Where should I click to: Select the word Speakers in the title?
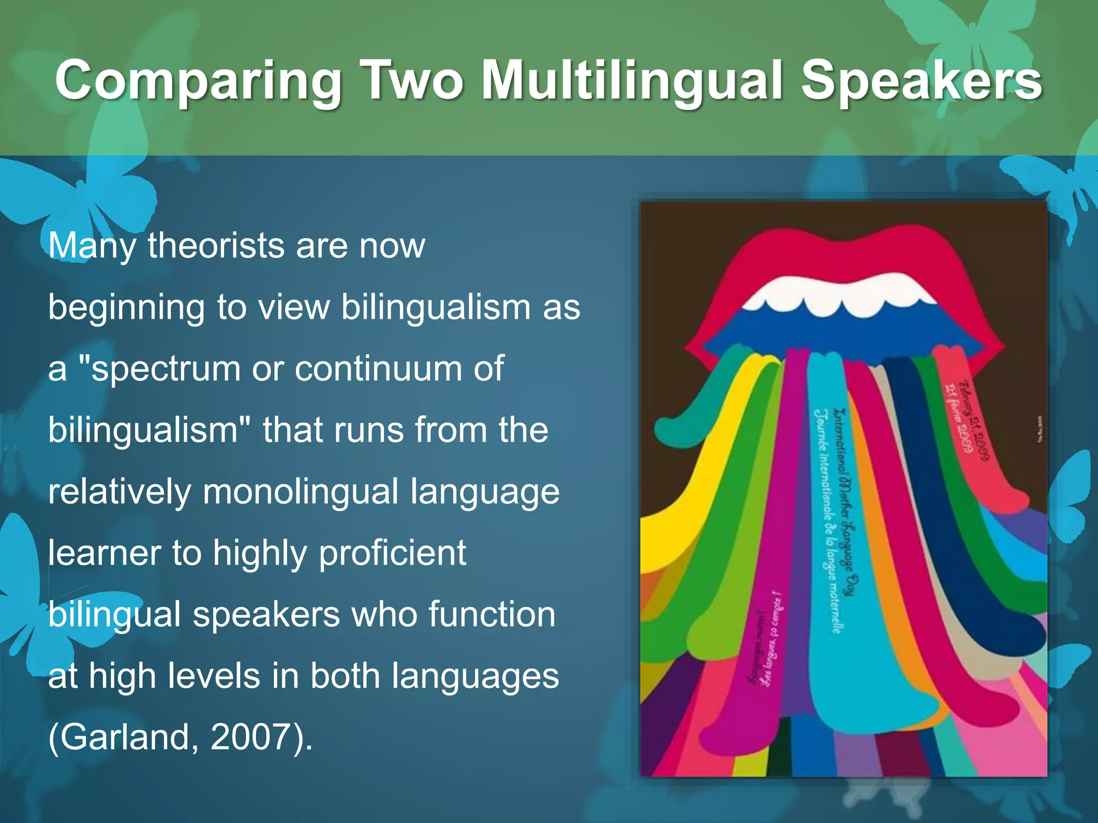pyautogui.click(x=921, y=80)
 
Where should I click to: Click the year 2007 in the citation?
pyautogui.click(x=251, y=737)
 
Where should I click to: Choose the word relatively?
pyautogui.click(x=120, y=492)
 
